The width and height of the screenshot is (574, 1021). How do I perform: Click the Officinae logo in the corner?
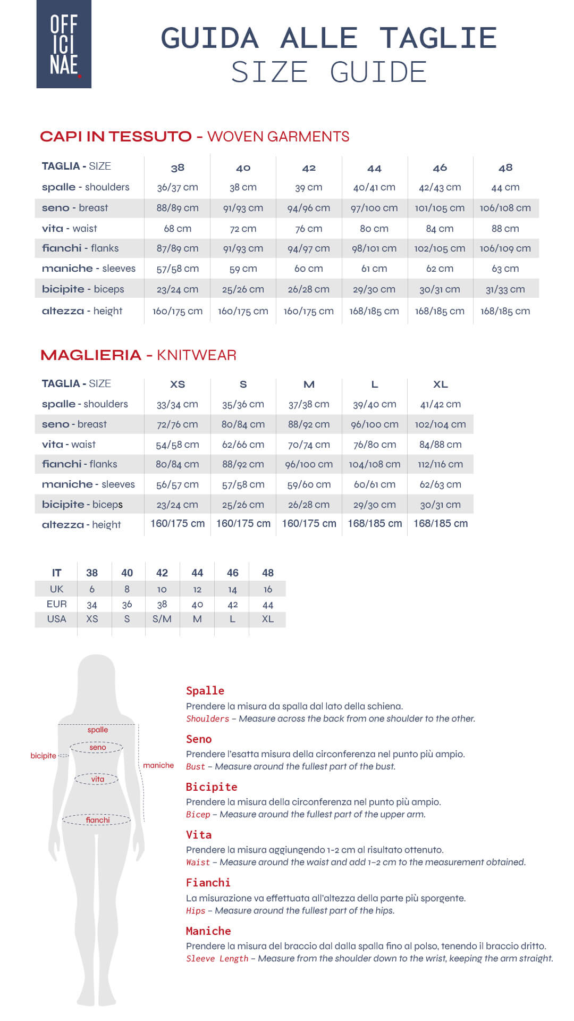coord(64,44)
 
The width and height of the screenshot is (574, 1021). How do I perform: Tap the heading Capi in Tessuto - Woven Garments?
coord(195,137)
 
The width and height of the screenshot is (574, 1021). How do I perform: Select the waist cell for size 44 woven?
coord(374,229)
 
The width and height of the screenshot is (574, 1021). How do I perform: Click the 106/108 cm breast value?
coord(505,208)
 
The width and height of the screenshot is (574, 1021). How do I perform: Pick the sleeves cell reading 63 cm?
coord(505,269)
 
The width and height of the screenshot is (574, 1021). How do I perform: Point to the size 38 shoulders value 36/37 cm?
coord(178,187)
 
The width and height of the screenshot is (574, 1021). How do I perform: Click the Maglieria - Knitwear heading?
coord(138,355)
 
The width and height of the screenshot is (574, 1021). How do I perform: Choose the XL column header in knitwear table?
coord(440,384)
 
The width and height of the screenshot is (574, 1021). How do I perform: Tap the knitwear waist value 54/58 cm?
coord(178,445)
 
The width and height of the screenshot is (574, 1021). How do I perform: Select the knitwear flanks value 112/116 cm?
coord(440,464)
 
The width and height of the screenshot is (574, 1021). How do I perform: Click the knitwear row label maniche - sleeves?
coord(88,484)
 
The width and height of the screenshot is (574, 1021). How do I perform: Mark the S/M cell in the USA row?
coord(162,619)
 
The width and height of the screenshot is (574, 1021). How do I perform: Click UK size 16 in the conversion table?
coord(268,589)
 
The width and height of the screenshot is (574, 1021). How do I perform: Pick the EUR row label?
coord(56,604)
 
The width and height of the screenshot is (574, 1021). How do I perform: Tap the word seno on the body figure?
coord(98,747)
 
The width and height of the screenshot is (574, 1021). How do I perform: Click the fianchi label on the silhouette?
coord(98,820)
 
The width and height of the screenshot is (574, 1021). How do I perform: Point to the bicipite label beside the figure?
coord(43,756)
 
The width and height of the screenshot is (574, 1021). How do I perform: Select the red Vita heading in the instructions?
coord(199,835)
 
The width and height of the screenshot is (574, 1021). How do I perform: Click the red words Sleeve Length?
coord(217,959)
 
